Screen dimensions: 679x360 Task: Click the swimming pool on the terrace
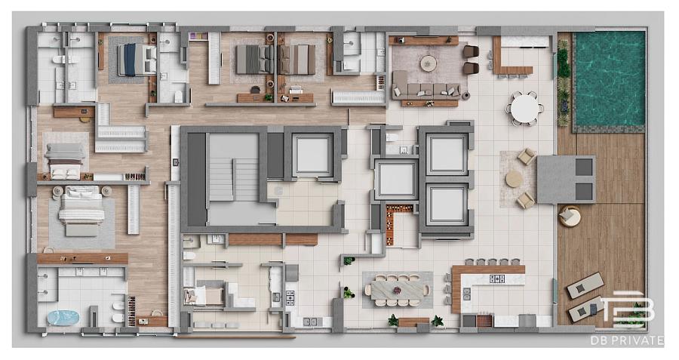coord(610,78)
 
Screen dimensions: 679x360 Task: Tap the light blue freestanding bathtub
coord(63,318)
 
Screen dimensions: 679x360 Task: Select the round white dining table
coord(525,109)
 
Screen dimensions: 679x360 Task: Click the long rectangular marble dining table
coord(398,289)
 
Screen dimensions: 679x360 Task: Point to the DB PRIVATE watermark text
coord(627,340)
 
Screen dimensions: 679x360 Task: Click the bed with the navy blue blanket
coord(137,60)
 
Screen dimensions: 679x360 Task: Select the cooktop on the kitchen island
coord(496,278)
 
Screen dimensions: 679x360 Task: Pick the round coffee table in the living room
coord(429,63)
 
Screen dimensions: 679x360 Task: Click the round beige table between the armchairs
coord(515,179)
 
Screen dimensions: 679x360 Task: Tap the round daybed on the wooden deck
coord(570,216)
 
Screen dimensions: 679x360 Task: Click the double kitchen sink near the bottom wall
coord(312,322)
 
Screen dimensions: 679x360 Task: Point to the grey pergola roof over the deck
coord(566,179)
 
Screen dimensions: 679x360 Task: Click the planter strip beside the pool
coord(563,83)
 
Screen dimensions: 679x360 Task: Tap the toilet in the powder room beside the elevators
coord(392,137)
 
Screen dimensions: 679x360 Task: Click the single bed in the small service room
coord(203,295)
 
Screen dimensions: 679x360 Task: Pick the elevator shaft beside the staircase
coord(312,155)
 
